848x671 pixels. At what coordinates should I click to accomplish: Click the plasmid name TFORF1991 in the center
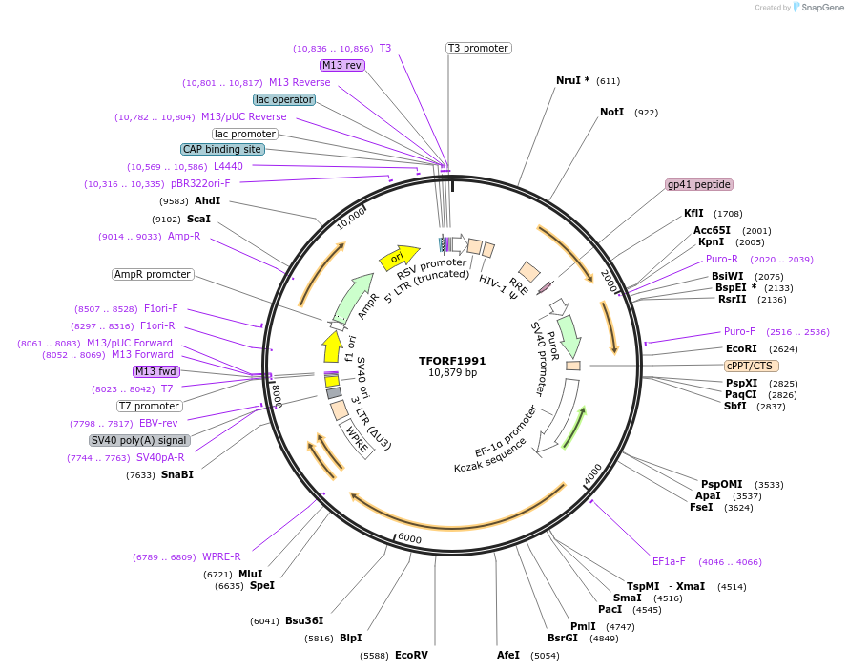click(x=452, y=361)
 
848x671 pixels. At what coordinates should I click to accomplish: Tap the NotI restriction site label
click(x=611, y=112)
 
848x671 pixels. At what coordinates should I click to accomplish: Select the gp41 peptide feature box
click(x=699, y=184)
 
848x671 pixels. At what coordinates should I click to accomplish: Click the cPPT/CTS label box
click(x=752, y=366)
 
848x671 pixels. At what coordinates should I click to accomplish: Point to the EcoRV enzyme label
click(x=411, y=655)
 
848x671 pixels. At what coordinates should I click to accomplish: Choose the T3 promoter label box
click(x=478, y=48)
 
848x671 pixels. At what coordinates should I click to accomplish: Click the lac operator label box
click(x=284, y=99)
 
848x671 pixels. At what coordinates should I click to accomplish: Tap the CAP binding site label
click(x=222, y=149)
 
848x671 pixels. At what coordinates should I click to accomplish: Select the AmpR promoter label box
click(x=153, y=274)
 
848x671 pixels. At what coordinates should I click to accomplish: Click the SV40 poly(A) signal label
click(x=139, y=440)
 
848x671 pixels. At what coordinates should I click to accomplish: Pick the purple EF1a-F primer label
click(x=669, y=561)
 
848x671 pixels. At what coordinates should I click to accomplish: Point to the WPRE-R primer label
click(x=221, y=556)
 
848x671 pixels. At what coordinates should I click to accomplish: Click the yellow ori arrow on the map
click(x=399, y=257)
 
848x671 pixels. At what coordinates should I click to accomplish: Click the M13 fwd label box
click(x=156, y=371)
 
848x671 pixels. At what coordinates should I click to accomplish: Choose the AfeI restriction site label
click(x=508, y=655)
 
